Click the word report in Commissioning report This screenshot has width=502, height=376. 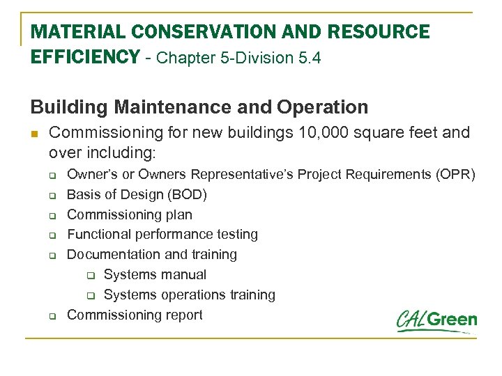coord(184,315)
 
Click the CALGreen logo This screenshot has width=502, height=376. coord(436,321)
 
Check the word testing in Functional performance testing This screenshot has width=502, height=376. coord(235,235)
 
